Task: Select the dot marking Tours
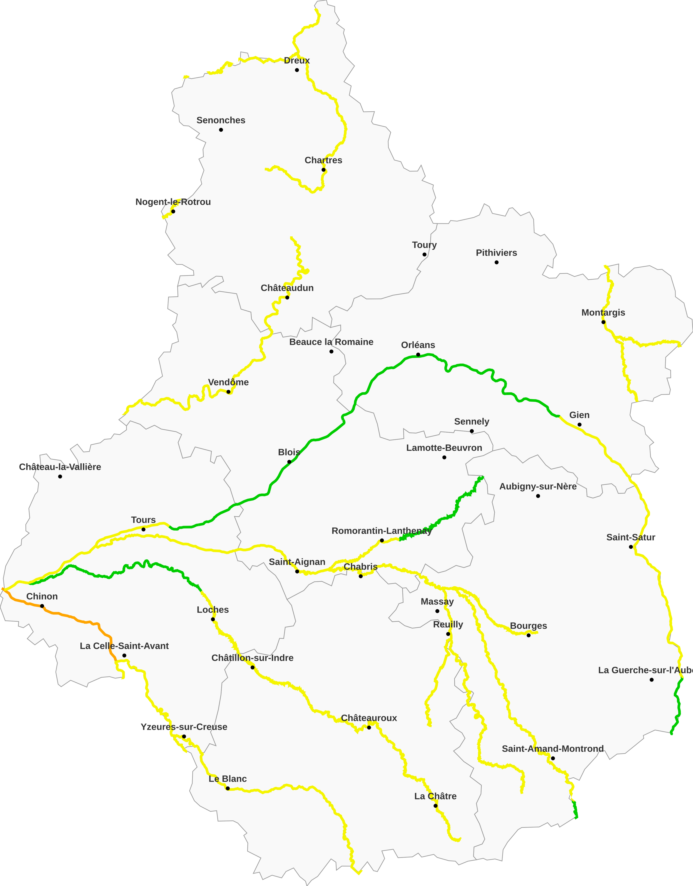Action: click(143, 529)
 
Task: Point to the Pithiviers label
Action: click(496, 253)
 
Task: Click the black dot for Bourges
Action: click(528, 635)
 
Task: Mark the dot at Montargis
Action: click(603, 322)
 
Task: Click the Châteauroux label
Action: click(369, 718)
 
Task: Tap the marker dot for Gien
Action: click(579, 425)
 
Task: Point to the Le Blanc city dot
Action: click(228, 788)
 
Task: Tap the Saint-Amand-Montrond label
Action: click(553, 749)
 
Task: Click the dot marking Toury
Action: click(424, 254)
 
